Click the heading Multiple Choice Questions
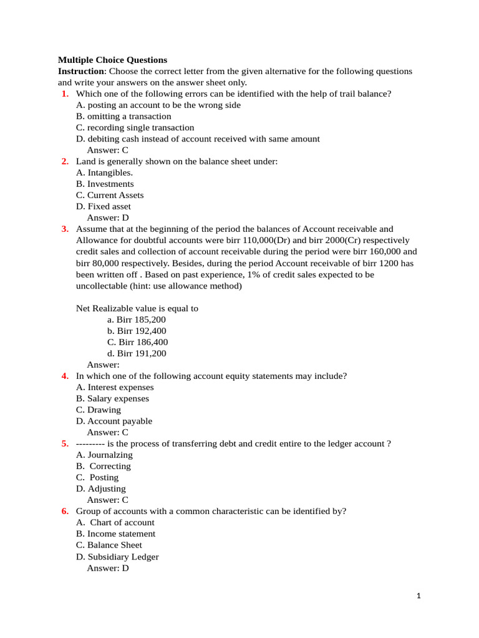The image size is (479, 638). coord(112,60)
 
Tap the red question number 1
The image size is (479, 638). coord(65,94)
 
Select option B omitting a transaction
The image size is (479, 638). coord(123,117)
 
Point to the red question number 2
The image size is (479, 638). coord(65,161)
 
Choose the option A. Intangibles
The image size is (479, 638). coord(104,173)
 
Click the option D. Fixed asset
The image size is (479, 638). coord(104,206)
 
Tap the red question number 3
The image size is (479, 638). coord(65,229)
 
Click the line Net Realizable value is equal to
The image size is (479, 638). coord(137,308)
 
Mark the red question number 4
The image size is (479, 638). coord(65,376)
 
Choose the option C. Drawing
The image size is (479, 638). coord(99,410)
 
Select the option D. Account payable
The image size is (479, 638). coord(114,421)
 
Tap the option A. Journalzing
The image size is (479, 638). coord(104,455)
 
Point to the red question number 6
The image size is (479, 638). coord(65,511)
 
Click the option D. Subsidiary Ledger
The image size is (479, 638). coord(117,557)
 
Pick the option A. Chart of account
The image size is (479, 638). coord(115,522)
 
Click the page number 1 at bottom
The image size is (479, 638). coord(419,596)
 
